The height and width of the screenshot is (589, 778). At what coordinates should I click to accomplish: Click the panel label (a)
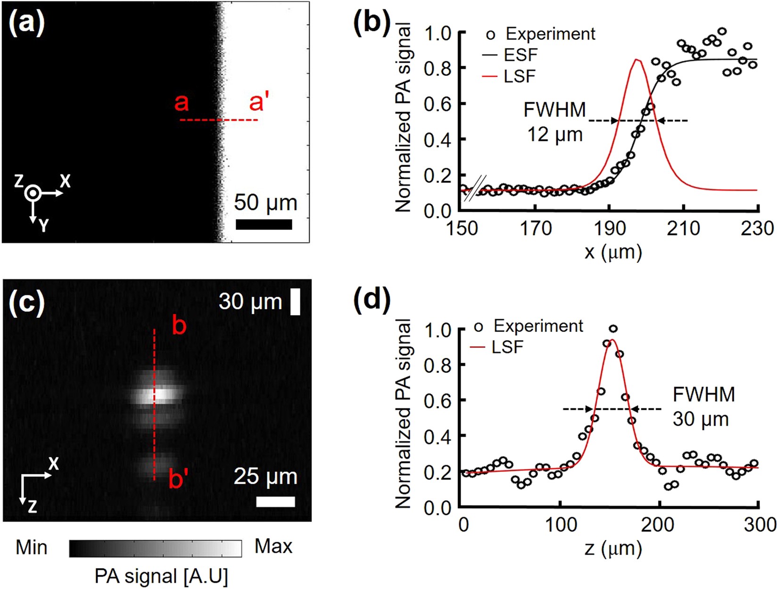26,22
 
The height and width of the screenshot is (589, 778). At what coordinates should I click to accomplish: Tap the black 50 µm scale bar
264,224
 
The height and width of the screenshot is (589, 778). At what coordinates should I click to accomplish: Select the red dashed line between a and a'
218,120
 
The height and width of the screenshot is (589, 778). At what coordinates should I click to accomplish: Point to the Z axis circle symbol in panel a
33,193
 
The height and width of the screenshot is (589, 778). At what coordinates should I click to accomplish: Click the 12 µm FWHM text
555,135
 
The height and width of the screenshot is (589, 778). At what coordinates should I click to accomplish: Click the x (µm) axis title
613,252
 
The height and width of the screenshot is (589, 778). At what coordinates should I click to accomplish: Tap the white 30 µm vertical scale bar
295,302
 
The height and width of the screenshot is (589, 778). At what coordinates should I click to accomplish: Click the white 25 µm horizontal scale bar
275,502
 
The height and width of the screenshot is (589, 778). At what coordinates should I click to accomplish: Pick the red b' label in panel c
178,480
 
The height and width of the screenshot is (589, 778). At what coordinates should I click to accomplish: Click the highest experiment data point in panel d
613,329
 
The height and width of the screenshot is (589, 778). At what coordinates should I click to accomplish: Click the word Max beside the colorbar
273,547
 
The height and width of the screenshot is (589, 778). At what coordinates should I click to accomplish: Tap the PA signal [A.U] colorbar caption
161,576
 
